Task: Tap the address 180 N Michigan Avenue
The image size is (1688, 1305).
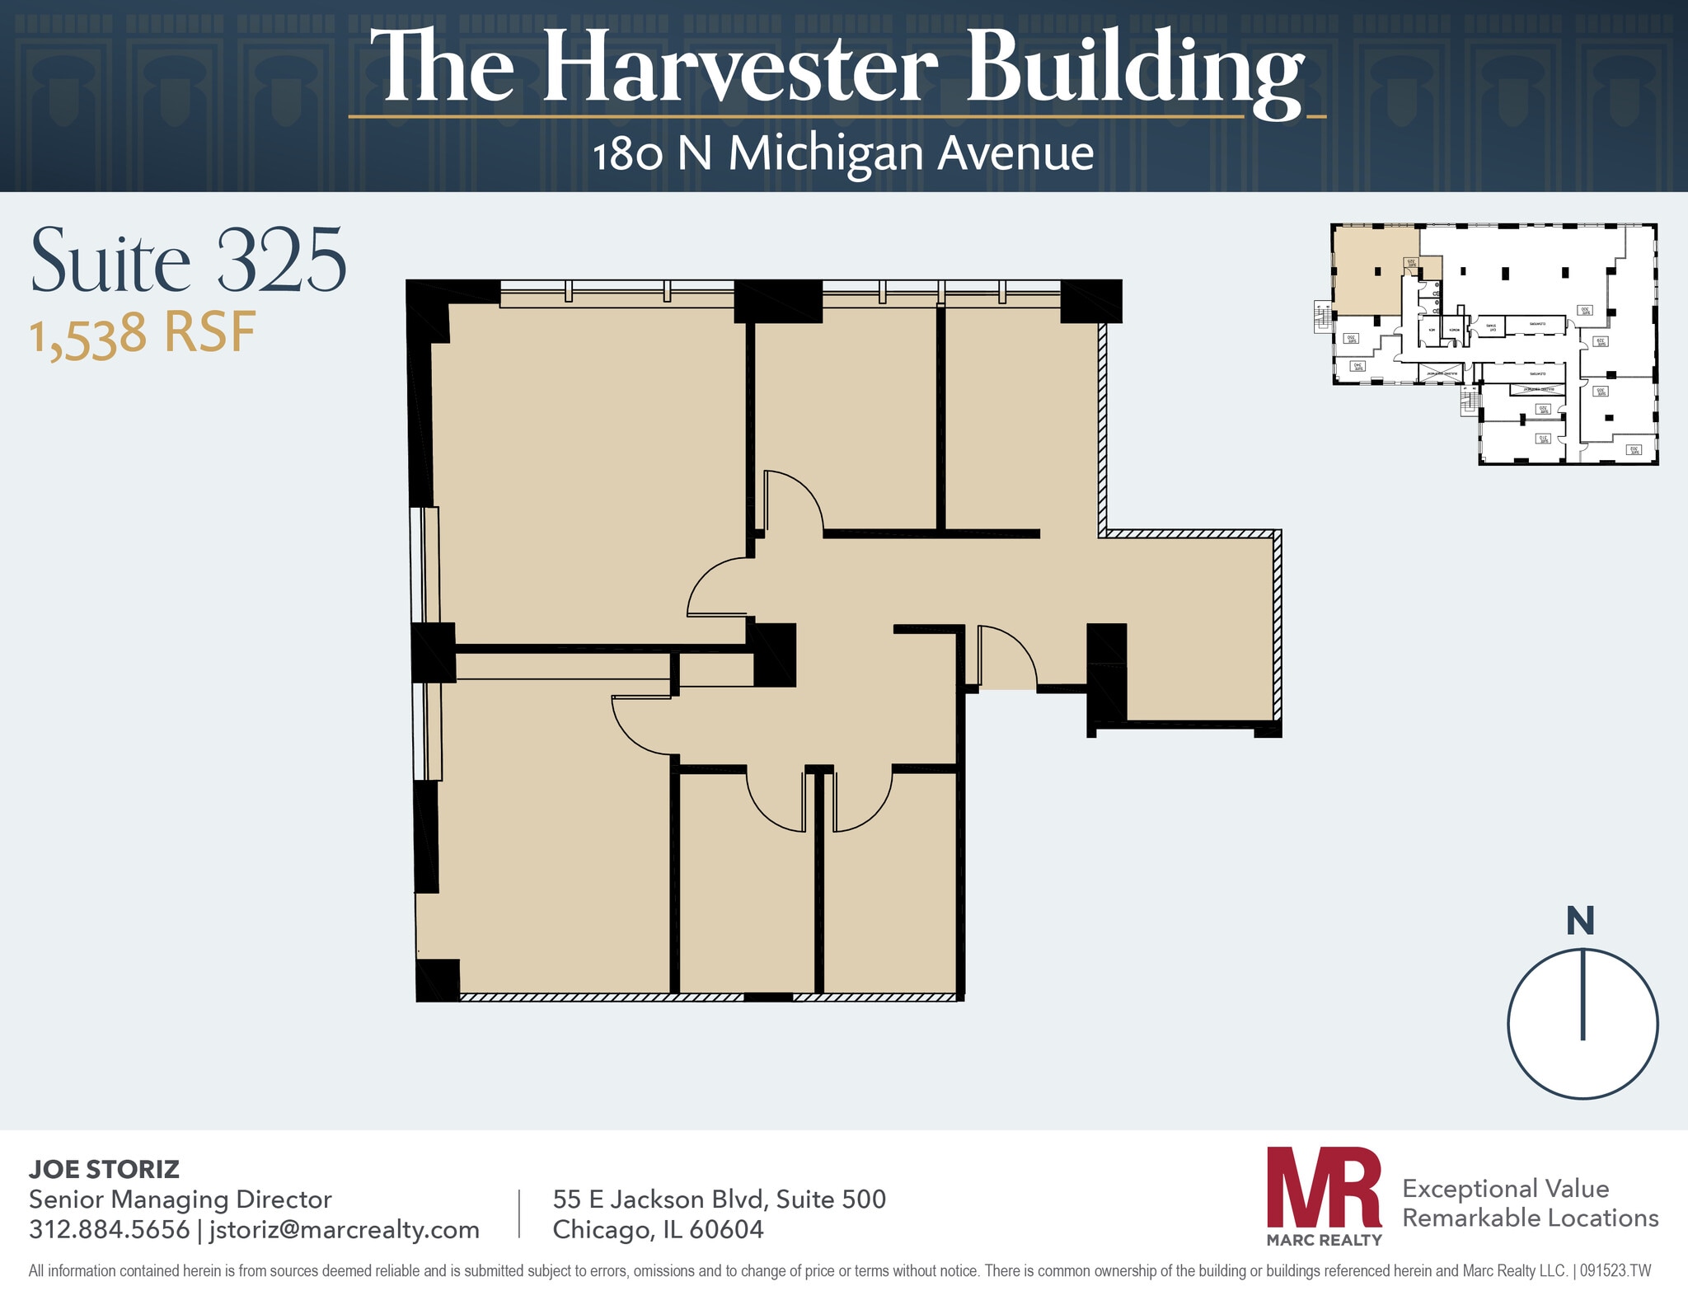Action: [842, 154]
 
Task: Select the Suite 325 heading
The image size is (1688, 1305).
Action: [188, 262]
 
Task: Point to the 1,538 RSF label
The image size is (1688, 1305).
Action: [142, 334]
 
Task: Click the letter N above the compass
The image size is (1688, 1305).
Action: [1580, 922]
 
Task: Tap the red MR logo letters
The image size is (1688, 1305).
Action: [1324, 1187]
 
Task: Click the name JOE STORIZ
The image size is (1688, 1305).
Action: [104, 1169]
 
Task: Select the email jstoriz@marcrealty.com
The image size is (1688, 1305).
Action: [345, 1230]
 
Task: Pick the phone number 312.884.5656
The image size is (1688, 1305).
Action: [109, 1230]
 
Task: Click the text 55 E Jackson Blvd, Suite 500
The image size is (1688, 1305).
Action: [719, 1199]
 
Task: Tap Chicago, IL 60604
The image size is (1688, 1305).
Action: [658, 1230]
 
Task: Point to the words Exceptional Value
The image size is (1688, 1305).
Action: [1505, 1189]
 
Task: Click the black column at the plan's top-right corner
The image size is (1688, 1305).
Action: [1090, 301]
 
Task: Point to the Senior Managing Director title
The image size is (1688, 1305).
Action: [180, 1199]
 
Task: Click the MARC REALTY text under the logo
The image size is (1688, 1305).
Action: [1324, 1240]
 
